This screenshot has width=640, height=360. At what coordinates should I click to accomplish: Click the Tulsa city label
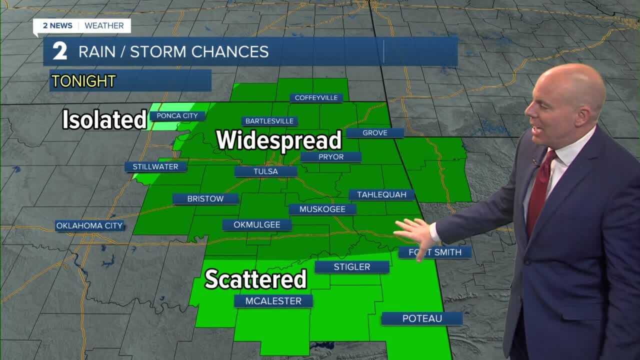pyautogui.click(x=265, y=171)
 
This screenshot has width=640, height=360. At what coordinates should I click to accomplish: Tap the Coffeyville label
pyautogui.click(x=316, y=97)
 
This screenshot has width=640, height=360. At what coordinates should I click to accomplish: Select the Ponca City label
pyautogui.click(x=177, y=116)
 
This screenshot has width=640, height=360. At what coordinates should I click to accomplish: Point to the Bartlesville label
pyautogui.click(x=269, y=121)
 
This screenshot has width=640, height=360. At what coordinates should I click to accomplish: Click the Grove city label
pyautogui.click(x=375, y=133)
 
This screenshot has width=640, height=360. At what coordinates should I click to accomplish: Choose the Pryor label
pyautogui.click(x=331, y=157)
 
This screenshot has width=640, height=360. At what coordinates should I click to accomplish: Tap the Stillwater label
pyautogui.click(x=155, y=167)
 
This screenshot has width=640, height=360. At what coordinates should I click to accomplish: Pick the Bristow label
pyautogui.click(x=205, y=199)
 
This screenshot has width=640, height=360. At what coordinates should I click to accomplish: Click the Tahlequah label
pyautogui.click(x=381, y=195)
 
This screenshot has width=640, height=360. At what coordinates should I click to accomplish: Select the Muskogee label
pyautogui.click(x=322, y=209)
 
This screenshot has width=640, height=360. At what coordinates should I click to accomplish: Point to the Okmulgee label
pyautogui.click(x=257, y=225)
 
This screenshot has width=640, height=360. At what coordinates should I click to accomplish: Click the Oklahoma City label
pyautogui.click(x=89, y=226)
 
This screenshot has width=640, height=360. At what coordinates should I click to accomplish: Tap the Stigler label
pyautogui.click(x=352, y=267)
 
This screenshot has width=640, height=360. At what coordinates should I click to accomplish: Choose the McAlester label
pyautogui.click(x=273, y=301)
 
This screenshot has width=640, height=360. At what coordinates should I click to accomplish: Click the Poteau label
pyautogui.click(x=422, y=318)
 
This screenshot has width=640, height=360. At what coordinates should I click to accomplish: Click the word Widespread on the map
pyautogui.click(x=279, y=140)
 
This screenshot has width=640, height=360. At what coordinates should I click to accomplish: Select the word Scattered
pyautogui.click(x=255, y=279)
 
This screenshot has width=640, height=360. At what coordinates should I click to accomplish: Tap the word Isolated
pyautogui.click(x=104, y=120)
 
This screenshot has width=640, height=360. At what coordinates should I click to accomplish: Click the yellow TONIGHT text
pyautogui.click(x=83, y=81)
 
